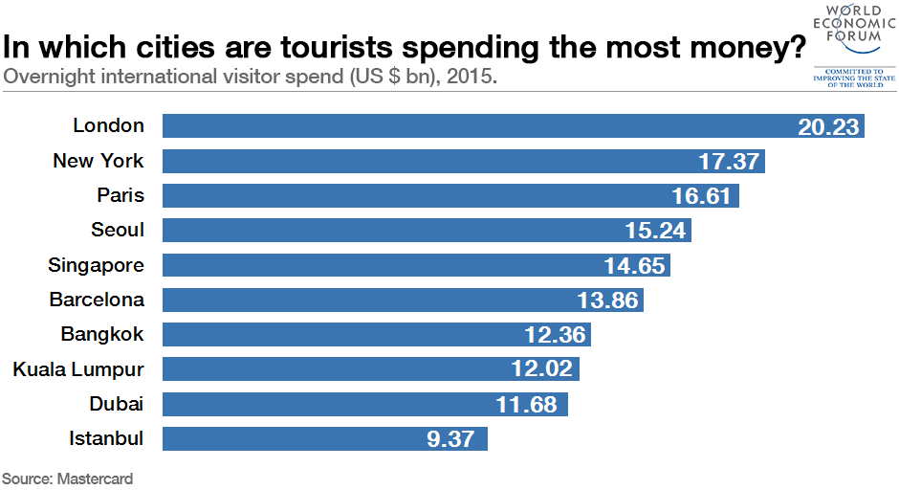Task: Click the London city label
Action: (x=108, y=125)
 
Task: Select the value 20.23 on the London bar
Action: (x=829, y=126)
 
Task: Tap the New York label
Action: (x=99, y=161)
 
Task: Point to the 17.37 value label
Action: (x=730, y=161)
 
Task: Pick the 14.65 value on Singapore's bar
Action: (x=634, y=266)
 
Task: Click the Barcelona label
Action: (x=97, y=300)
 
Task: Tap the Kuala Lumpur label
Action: (x=78, y=369)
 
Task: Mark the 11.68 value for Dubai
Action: (x=526, y=405)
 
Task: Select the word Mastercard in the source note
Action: (x=95, y=478)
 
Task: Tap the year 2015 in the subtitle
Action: (x=473, y=76)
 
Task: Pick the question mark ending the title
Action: (x=795, y=46)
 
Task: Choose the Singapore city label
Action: (x=97, y=265)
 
